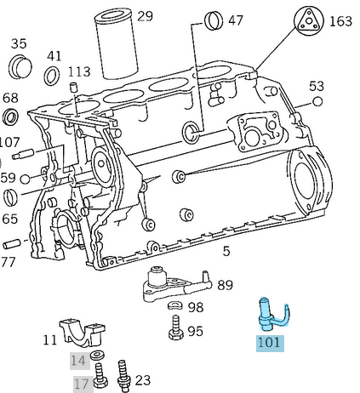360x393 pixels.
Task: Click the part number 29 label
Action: (146, 16)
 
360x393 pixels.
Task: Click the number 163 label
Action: (340, 20)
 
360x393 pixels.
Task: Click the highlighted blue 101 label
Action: (268, 344)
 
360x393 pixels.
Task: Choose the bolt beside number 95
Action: (175, 327)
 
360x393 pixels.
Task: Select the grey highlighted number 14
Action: (78, 360)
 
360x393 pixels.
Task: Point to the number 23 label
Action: (142, 379)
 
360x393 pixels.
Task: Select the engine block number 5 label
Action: (226, 250)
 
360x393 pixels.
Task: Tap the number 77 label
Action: (8, 261)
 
